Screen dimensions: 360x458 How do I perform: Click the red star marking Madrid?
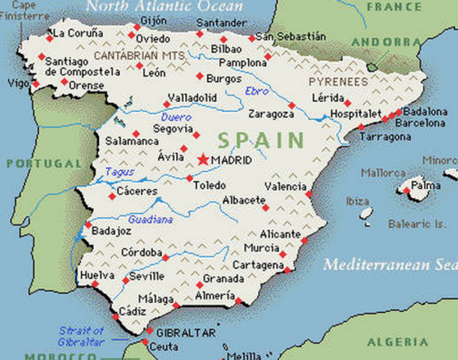coord(203,159)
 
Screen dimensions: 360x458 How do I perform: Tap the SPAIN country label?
coord(262,140)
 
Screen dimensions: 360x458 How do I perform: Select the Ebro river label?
coord(256,91)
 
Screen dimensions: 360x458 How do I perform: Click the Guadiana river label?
coord(150,220)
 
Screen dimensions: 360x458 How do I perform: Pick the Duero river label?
coord(176,117)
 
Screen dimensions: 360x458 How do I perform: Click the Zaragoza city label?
coord(271,114)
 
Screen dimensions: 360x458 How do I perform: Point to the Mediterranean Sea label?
coord(390,265)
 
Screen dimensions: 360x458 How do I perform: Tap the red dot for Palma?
coord(406,191)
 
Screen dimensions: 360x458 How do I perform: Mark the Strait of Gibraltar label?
coord(82,336)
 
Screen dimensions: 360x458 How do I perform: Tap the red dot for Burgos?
coord(199,76)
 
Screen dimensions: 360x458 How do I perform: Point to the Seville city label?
coord(147,276)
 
